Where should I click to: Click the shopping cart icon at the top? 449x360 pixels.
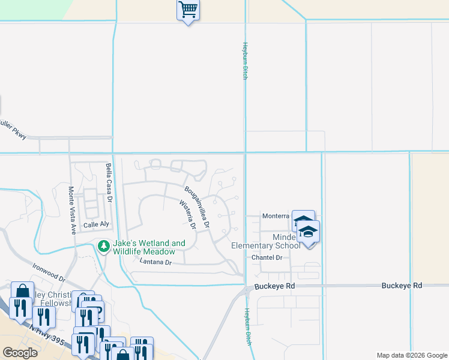[x=188, y=10]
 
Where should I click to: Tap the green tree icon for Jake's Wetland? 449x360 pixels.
[x=104, y=247]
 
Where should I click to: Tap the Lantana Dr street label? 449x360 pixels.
[x=155, y=262]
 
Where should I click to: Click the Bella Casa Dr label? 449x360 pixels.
[x=109, y=179]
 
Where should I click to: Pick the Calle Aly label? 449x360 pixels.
[x=97, y=224]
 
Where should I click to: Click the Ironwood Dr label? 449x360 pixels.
[x=49, y=275]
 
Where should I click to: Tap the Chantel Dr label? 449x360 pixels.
[x=267, y=257]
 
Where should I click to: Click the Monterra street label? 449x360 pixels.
[x=276, y=216]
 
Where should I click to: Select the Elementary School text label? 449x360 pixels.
[x=267, y=245]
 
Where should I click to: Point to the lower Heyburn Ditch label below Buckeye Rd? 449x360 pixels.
[x=247, y=326]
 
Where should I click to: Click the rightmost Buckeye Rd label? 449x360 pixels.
[x=402, y=286]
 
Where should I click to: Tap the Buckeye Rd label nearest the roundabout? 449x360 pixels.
[x=274, y=286]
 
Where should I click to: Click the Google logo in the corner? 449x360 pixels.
[x=20, y=353]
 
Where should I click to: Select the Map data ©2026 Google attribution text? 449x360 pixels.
[x=411, y=355]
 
